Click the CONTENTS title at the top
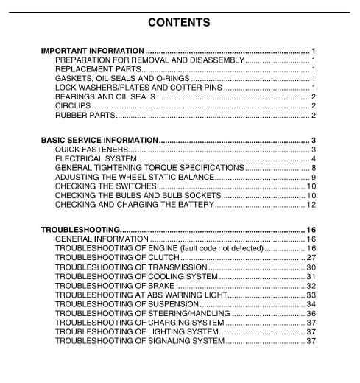click(x=179, y=22)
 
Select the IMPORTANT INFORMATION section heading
click(x=92, y=51)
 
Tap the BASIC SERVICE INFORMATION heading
click(x=99, y=140)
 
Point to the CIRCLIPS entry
click(x=73, y=105)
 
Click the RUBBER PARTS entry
click(x=85, y=115)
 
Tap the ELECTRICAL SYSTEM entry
click(x=96, y=158)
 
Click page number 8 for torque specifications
click(x=313, y=168)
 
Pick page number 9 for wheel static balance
click(x=313, y=177)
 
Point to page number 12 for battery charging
click(x=311, y=204)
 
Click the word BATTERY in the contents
click(x=194, y=204)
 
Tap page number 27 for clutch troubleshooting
click(x=311, y=258)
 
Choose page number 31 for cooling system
click(x=311, y=276)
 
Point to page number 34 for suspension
click(x=311, y=304)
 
